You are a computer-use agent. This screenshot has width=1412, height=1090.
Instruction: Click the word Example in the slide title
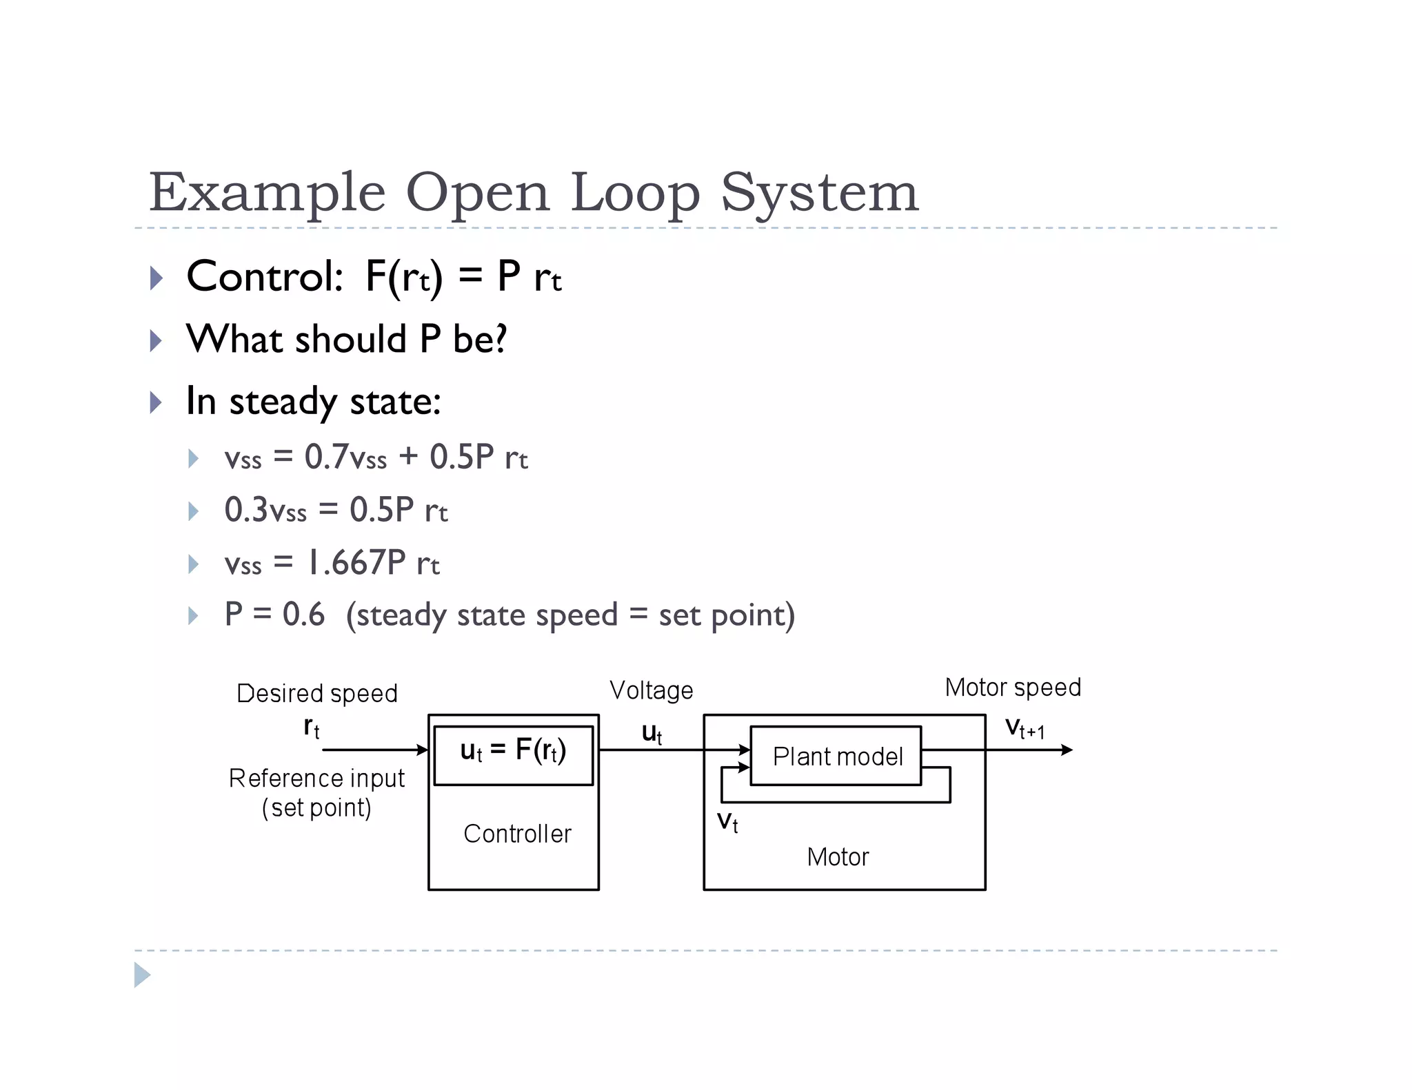pos(268,194)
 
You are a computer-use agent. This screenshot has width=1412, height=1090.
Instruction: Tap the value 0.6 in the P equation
pos(303,614)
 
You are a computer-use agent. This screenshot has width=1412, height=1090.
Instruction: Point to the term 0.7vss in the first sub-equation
pos(345,457)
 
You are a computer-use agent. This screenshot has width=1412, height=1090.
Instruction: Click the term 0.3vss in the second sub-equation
pos(265,511)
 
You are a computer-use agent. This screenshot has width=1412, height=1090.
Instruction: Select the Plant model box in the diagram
pos(836,756)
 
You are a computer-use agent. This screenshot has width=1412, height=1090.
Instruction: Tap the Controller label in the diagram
pos(517,834)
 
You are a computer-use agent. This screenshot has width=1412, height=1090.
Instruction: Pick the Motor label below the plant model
pos(837,857)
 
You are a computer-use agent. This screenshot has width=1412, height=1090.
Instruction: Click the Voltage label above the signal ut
pos(651,690)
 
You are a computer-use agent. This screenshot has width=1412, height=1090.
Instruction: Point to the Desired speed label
pos(316,693)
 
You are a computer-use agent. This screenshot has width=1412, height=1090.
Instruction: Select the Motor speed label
pos(1012,688)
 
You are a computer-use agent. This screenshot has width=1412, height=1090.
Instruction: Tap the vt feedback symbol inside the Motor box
pos(727,822)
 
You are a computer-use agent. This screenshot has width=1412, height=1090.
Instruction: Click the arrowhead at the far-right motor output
pos(1067,750)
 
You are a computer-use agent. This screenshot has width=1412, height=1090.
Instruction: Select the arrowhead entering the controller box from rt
pos(423,750)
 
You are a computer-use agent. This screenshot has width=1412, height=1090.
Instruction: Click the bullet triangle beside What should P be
pos(157,340)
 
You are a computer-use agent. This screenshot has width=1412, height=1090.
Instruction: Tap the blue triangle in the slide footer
pos(142,975)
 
